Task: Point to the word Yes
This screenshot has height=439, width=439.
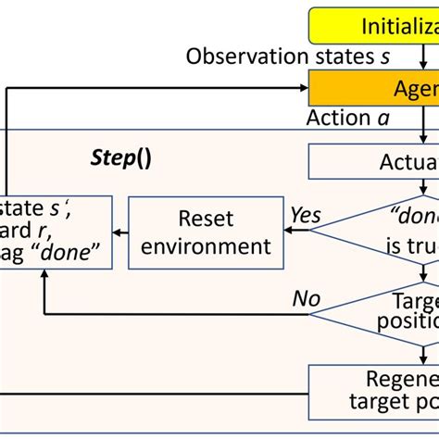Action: click(x=305, y=216)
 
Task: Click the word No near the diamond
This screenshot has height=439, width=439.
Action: click(x=307, y=298)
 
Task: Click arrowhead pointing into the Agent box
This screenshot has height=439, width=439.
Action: click(x=302, y=89)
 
